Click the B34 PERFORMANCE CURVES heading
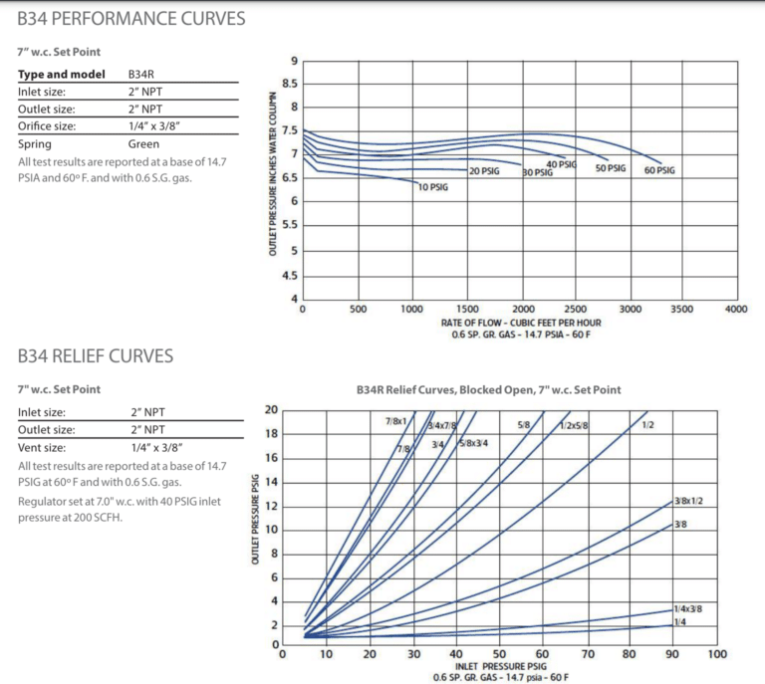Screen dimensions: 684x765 click(130, 19)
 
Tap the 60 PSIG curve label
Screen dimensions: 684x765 click(658, 170)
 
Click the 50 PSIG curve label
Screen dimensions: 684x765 click(610, 168)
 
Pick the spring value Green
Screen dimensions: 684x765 click(143, 144)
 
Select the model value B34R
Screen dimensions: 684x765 click(140, 75)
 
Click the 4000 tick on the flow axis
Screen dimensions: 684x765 click(736, 310)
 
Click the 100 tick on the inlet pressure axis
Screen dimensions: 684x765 click(716, 655)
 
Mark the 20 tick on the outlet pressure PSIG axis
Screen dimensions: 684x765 click(272, 409)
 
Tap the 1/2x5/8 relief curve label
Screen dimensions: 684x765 click(573, 426)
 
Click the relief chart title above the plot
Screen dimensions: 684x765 click(488, 390)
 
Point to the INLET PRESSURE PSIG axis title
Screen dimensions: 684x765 click(501, 666)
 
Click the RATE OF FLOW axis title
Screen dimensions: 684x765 click(521, 323)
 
